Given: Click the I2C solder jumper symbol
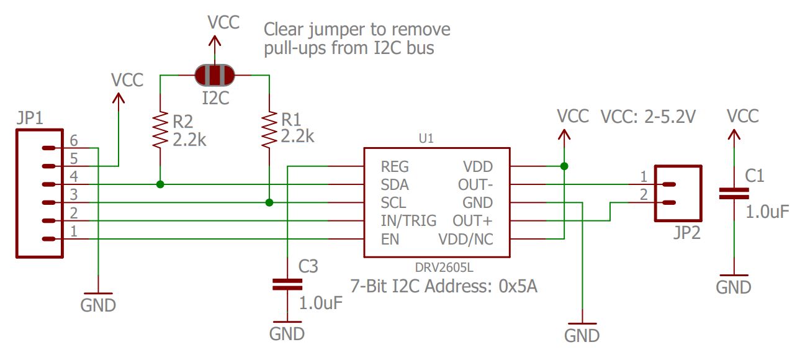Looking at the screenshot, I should click(215, 75).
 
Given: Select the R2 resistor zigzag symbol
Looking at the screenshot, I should click(161, 130).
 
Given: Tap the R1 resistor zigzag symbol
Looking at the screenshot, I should click(269, 130).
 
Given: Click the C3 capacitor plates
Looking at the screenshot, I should click(287, 284).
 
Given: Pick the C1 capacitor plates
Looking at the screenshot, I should click(734, 194).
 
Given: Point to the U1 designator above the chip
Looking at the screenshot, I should click(426, 140).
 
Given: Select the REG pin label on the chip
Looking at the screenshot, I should click(395, 166).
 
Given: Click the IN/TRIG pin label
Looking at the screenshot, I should click(408, 221).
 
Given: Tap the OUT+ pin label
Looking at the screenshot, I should click(473, 221).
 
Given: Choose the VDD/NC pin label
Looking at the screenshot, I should click(465, 239).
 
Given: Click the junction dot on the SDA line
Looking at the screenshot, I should click(160, 184).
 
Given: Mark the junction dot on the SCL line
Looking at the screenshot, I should click(269, 202).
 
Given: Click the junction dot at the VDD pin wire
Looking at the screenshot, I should click(564, 166).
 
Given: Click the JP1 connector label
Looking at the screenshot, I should click(30, 118).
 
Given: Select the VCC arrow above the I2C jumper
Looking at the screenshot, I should click(215, 42).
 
